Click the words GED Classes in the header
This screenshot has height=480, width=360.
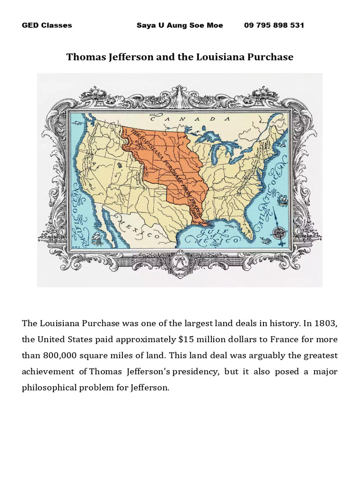47,25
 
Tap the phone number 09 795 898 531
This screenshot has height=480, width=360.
274,25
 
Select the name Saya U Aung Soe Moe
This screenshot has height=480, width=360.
180,25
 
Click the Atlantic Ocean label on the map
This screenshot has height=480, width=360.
274,187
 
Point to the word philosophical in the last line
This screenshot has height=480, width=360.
52,388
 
